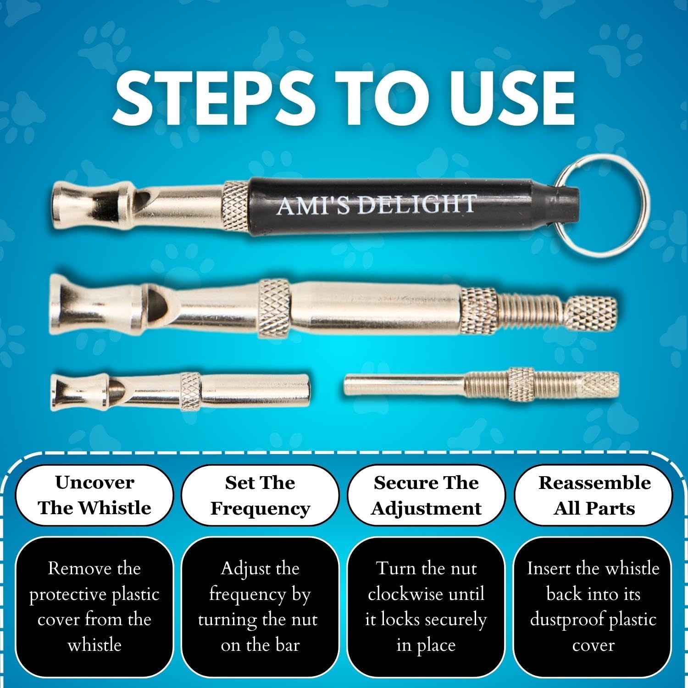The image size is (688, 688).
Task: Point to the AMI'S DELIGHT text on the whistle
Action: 376,204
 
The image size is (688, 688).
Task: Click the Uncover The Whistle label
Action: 94,495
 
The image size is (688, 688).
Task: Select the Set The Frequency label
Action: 260,495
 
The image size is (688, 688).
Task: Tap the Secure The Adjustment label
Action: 426,495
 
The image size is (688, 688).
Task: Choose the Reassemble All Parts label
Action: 594,495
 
